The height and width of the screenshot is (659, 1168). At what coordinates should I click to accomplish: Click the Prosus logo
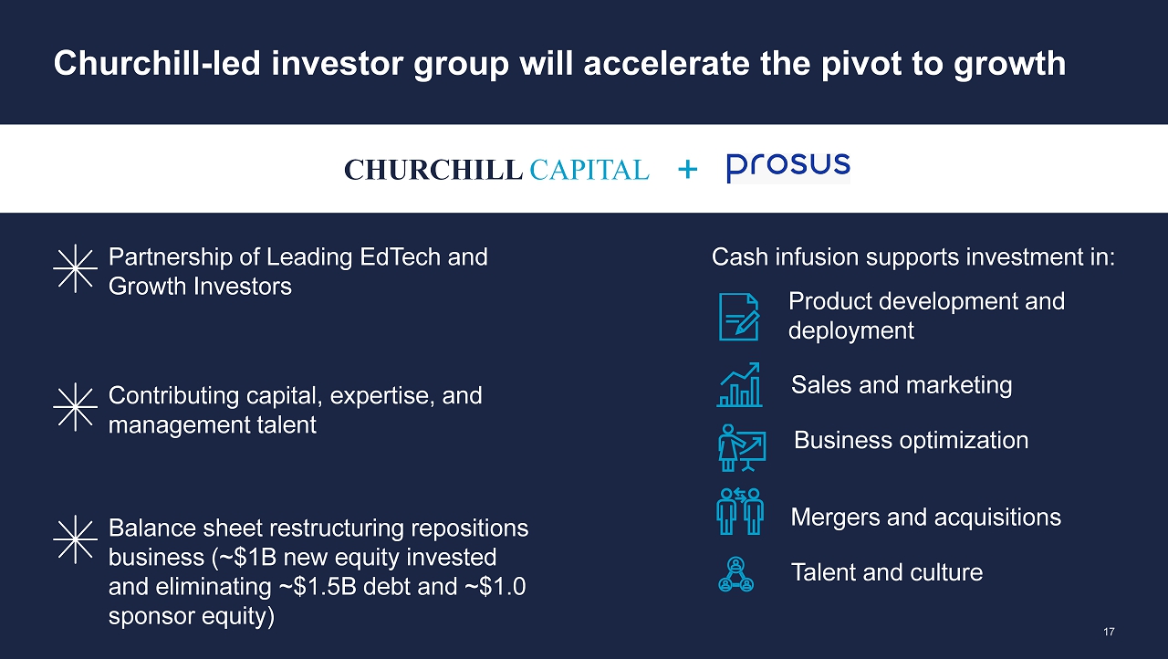pyautogui.click(x=788, y=168)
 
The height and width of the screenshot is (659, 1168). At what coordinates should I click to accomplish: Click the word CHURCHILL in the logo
pyautogui.click(x=433, y=170)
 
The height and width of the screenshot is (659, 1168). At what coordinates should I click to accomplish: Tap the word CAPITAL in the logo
pyautogui.click(x=589, y=170)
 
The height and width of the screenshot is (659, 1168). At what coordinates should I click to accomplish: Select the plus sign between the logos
pyautogui.click(x=688, y=169)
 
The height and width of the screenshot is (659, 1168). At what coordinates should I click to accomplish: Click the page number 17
pyautogui.click(x=1109, y=632)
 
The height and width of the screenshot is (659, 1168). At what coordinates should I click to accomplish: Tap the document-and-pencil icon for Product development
pyautogui.click(x=739, y=317)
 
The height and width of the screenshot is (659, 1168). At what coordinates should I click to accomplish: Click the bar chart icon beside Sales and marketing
pyautogui.click(x=739, y=385)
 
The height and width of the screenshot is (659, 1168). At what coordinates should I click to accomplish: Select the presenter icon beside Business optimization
pyautogui.click(x=742, y=448)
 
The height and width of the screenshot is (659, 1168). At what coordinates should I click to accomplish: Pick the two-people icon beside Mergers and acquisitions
pyautogui.click(x=740, y=511)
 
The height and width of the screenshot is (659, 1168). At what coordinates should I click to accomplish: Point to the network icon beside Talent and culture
pyautogui.click(x=735, y=574)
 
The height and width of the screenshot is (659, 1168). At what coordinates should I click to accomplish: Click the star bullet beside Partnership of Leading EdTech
pyautogui.click(x=75, y=268)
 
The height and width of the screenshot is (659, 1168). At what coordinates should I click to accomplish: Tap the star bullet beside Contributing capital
pyautogui.click(x=75, y=407)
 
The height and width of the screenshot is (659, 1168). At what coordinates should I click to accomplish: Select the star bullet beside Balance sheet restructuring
pyautogui.click(x=75, y=539)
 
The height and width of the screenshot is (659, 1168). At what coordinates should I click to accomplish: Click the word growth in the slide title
pyautogui.click(x=1010, y=65)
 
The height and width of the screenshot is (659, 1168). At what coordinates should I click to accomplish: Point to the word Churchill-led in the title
pyautogui.click(x=157, y=63)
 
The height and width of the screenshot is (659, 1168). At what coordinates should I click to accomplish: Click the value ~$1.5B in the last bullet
pyautogui.click(x=318, y=587)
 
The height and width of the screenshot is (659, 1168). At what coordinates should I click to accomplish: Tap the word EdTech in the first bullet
pyautogui.click(x=400, y=257)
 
